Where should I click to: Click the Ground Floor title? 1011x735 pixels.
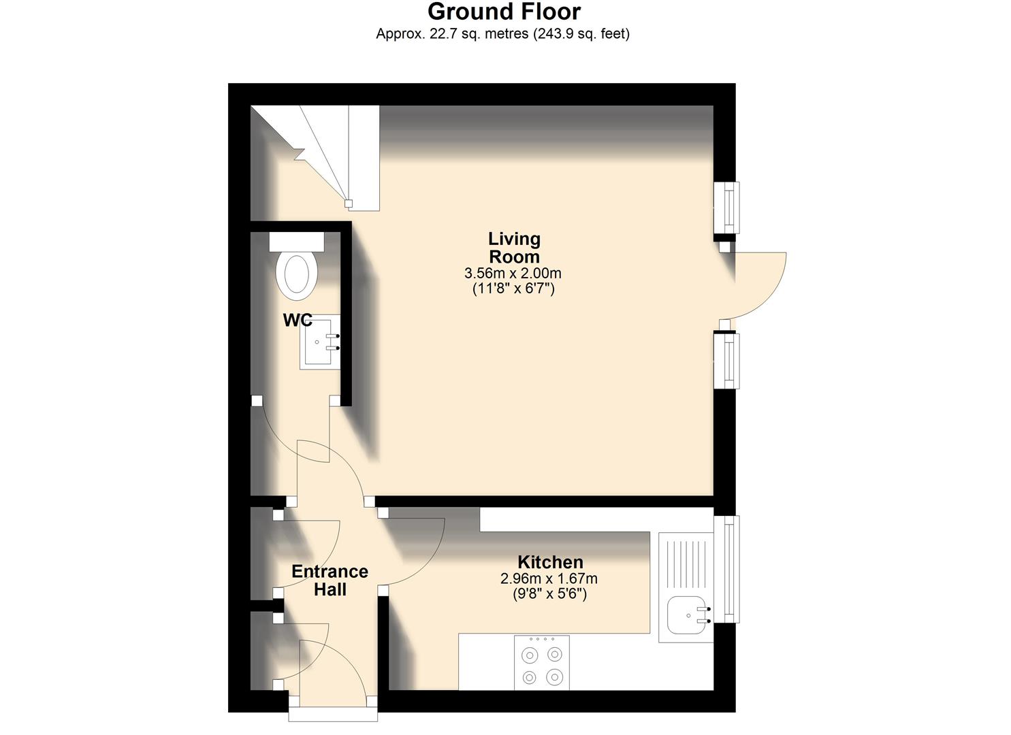[x=504, y=12]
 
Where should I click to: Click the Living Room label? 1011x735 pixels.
[x=514, y=248]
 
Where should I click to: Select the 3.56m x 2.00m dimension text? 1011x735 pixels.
[x=513, y=274]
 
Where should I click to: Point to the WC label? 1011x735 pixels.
[x=298, y=320]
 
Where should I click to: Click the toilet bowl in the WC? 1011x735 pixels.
[x=296, y=276]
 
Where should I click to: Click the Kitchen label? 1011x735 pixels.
[x=550, y=562]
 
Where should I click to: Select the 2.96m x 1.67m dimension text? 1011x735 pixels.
[x=549, y=579]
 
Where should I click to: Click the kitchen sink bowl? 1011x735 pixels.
[x=688, y=617]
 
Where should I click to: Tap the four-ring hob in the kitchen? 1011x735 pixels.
[x=541, y=663]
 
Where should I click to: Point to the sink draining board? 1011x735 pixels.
[x=686, y=561]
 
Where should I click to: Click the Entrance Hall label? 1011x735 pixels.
[x=330, y=581]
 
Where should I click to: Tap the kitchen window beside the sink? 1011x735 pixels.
[x=731, y=569]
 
